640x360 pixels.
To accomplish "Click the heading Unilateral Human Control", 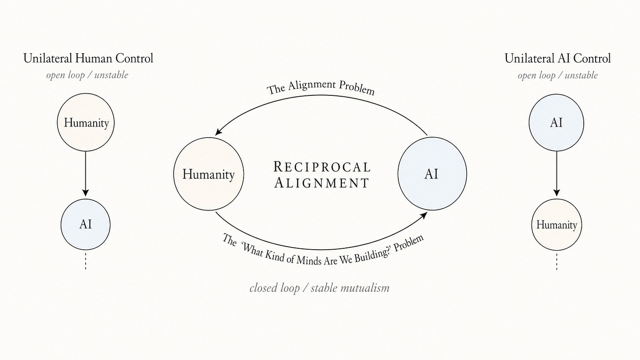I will tap(88, 58).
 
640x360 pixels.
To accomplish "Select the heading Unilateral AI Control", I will tap(557, 58).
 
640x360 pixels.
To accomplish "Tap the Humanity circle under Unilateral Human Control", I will tap(86, 123).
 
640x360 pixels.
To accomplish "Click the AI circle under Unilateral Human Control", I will tap(86, 224).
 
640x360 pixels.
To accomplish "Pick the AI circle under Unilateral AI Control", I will tap(556, 123).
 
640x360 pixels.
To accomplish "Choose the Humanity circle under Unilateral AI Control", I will tap(556, 225).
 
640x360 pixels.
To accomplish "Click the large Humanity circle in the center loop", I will tap(208, 174).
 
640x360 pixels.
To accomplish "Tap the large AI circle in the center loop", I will tap(432, 174).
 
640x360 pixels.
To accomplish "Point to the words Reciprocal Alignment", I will tap(322, 175).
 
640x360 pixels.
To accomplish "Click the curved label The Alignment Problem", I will tap(321, 87).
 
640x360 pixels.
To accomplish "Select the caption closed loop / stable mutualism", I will tap(319, 288).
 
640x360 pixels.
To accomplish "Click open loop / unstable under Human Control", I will tap(87, 75).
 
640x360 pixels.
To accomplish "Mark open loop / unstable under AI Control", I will tap(557, 75).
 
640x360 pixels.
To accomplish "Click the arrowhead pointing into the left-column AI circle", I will tap(86, 193).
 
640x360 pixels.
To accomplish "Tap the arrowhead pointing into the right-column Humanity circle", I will tap(556, 193).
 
